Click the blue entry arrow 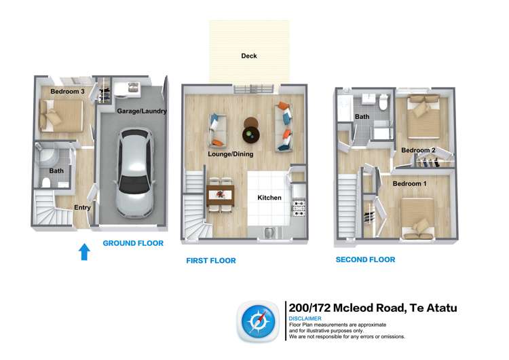tap(84, 252)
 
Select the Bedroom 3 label tap(68, 91)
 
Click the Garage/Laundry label tap(141, 111)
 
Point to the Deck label tap(249, 56)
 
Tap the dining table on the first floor tap(220, 194)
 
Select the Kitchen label tap(269, 198)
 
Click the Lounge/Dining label tap(230, 154)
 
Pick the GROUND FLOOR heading tap(133, 243)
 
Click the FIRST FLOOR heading tap(211, 260)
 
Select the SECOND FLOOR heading tap(365, 259)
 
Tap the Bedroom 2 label tap(418, 150)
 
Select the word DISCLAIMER tap(305, 319)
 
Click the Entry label tap(82, 208)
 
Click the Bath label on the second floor tap(362, 117)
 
